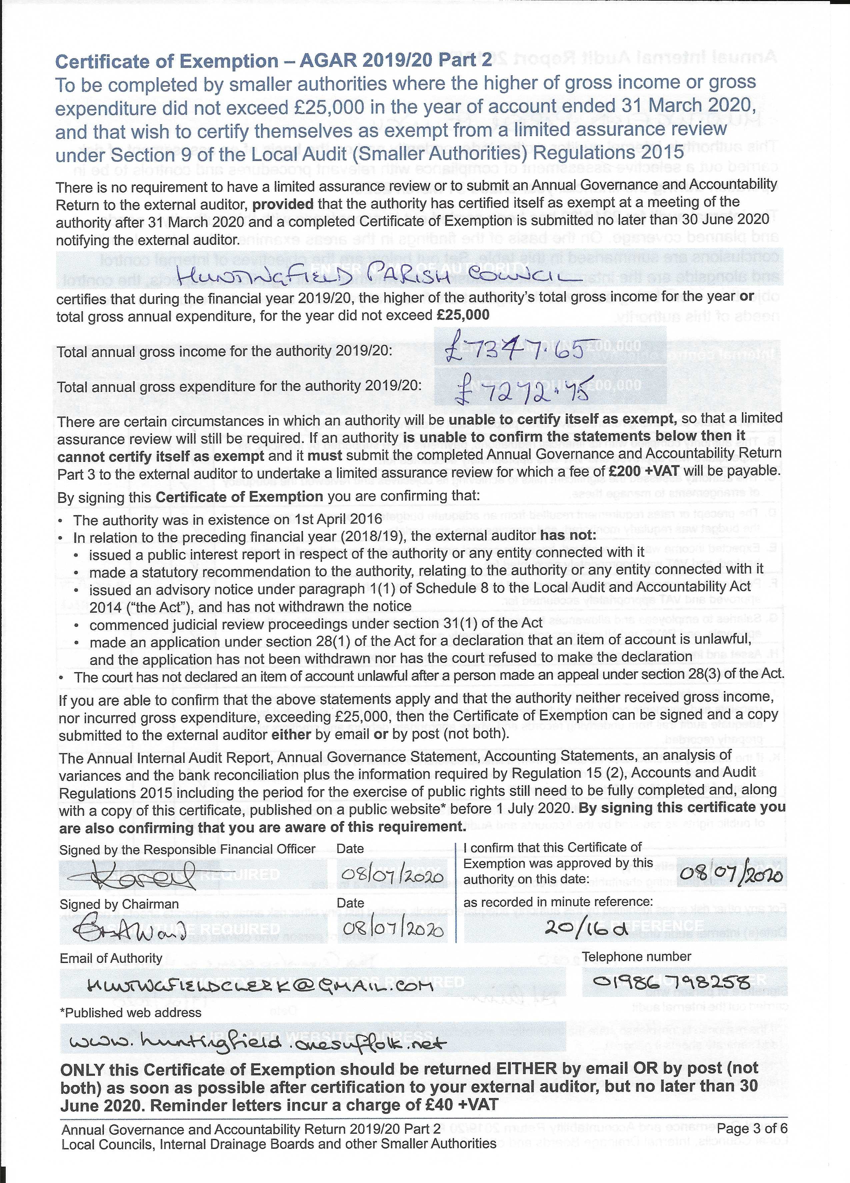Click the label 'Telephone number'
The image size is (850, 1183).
[x=637, y=957]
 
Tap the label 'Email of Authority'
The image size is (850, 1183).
[x=111, y=958]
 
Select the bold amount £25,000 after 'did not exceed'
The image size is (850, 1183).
[x=463, y=315]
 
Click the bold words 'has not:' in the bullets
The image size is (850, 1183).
[x=568, y=536]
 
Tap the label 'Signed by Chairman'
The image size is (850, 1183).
[x=119, y=904]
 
